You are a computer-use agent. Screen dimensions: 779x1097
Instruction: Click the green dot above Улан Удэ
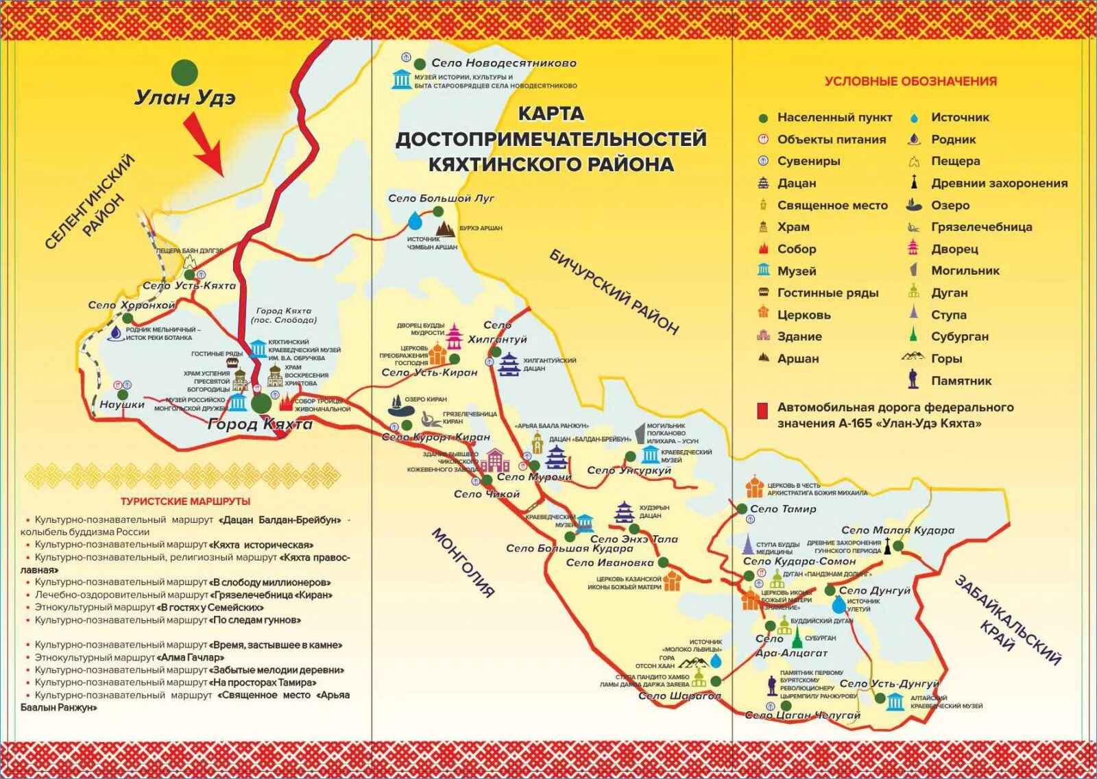[x=184, y=72]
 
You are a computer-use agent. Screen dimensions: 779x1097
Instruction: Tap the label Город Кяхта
[x=260, y=424]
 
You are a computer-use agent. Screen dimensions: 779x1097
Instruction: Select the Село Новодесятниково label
[x=503, y=63]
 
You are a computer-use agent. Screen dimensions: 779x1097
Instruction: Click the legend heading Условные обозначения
[x=910, y=81]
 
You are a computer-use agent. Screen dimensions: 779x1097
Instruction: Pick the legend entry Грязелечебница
[x=981, y=227]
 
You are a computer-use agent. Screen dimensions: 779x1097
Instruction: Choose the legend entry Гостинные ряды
[x=828, y=293]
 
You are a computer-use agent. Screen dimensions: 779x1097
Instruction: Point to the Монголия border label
[x=463, y=562]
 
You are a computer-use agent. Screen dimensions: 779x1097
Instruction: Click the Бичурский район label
[x=614, y=292]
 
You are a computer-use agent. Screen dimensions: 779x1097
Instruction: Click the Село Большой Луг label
[x=441, y=198]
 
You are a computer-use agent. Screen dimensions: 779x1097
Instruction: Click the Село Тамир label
[x=783, y=509]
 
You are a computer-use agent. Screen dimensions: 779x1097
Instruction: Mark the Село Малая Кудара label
[x=897, y=530]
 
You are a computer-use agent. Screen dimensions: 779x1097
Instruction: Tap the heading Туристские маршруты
[x=185, y=501]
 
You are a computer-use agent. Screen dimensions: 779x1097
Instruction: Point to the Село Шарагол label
[x=679, y=695]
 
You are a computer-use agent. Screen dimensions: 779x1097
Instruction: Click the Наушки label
[x=122, y=404]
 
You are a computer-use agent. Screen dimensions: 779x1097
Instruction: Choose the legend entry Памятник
[x=961, y=380]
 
